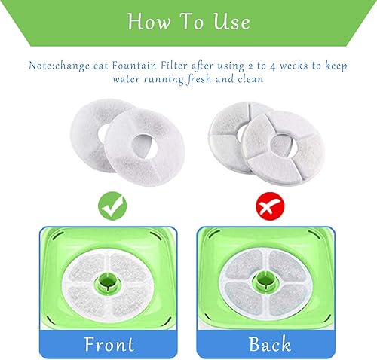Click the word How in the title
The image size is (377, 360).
click(x=151, y=23)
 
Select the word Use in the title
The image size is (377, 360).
click(x=231, y=23)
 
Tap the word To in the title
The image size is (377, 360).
click(x=192, y=23)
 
